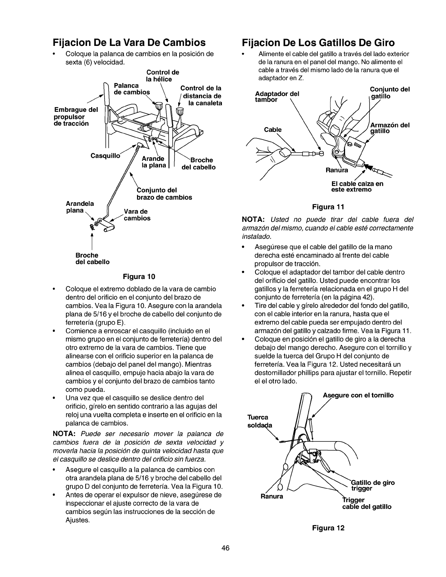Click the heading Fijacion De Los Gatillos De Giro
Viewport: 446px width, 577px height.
point(318,43)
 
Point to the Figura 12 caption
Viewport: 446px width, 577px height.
point(327,528)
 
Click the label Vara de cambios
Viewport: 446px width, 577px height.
point(137,215)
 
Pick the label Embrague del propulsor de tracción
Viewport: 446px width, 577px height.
point(75,117)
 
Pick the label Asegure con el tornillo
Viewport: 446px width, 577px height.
point(358,395)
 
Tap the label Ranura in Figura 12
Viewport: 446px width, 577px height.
point(271,496)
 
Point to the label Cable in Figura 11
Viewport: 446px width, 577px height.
point(273,130)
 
